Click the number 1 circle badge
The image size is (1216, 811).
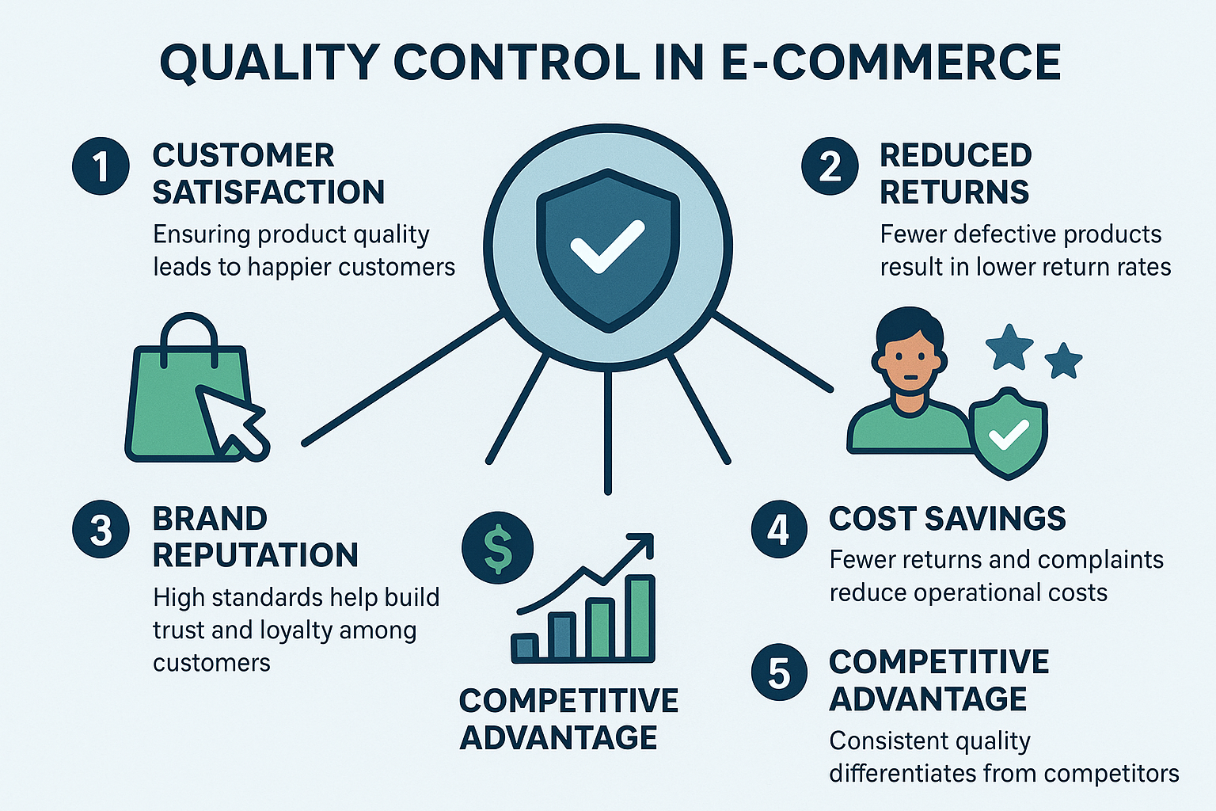tap(101, 166)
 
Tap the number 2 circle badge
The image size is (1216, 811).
tap(830, 166)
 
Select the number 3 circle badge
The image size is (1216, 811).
tap(101, 530)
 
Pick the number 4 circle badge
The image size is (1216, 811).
tap(779, 530)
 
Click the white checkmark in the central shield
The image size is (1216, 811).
tap(607, 245)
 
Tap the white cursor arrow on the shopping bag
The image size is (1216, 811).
tap(230, 421)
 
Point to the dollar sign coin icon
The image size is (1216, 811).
tap(498, 548)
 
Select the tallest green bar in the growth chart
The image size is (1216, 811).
tap(640, 618)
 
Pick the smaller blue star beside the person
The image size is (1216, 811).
tap(1063, 361)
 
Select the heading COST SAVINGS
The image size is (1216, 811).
tap(947, 519)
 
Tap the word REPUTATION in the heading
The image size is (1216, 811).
tap(255, 555)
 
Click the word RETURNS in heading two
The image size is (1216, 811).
tap(954, 192)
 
